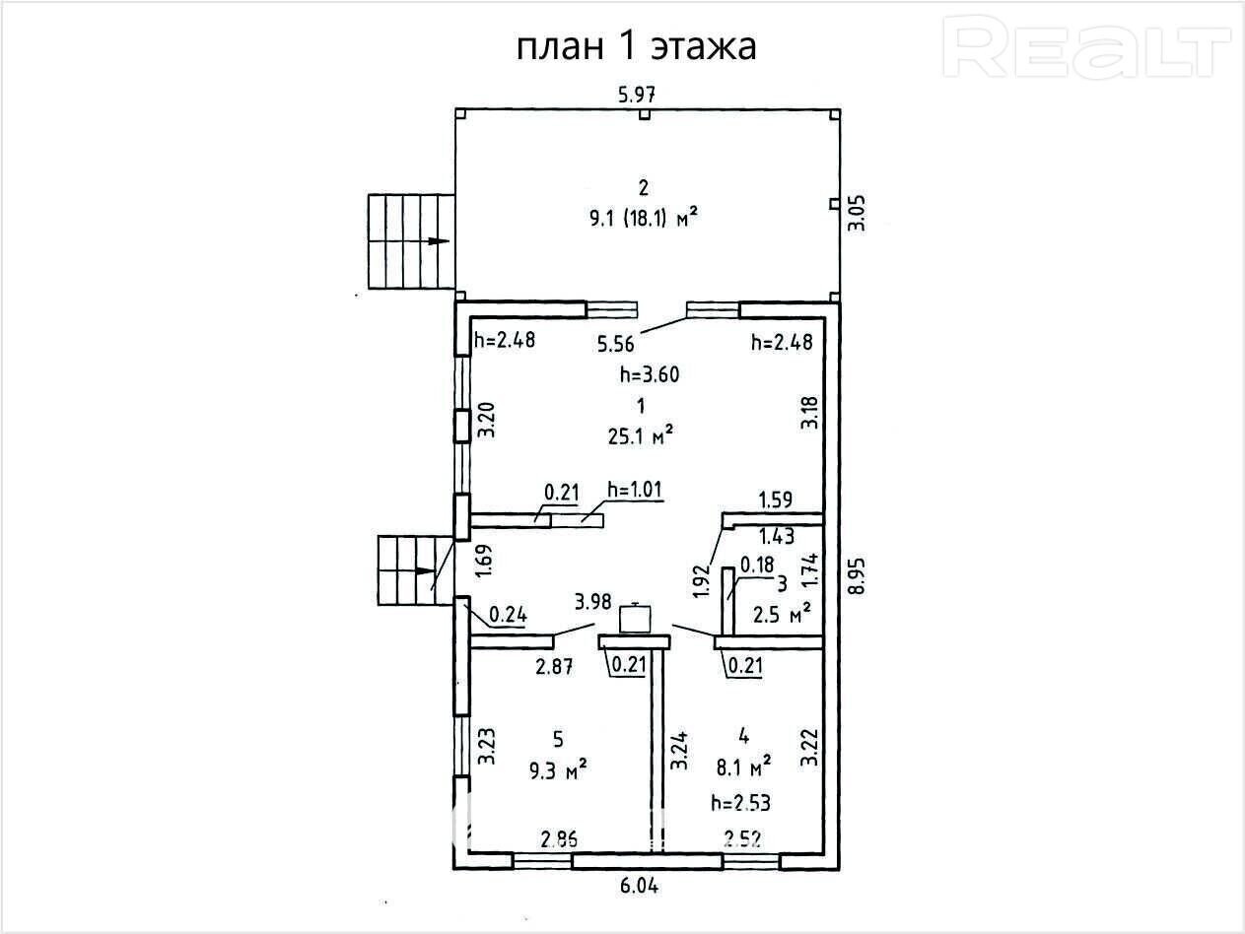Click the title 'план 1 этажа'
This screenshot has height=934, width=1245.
coord(636,47)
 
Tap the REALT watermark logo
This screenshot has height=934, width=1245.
coord(1087,47)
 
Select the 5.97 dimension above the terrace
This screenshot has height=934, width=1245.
coord(637,95)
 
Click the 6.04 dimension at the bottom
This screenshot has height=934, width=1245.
coord(639,886)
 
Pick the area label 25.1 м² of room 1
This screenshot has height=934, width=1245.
coord(641,436)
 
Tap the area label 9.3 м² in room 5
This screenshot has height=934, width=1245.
coord(558,770)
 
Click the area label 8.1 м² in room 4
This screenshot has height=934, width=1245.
coord(743,767)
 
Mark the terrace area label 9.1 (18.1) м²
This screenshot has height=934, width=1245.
coord(644,218)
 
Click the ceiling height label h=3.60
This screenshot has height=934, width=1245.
coord(650,374)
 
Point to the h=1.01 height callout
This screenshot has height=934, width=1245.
coord(635,490)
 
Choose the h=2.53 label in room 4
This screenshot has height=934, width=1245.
coord(740,803)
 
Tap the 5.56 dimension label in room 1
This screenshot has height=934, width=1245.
coord(616,344)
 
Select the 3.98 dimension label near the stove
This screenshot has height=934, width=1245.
coord(593,601)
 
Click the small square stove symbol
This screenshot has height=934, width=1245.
coord(635,620)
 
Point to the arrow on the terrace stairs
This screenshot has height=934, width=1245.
coord(439,240)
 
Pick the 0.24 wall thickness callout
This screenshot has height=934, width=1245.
coord(508,615)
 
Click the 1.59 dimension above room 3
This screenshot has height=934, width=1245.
coord(776,500)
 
